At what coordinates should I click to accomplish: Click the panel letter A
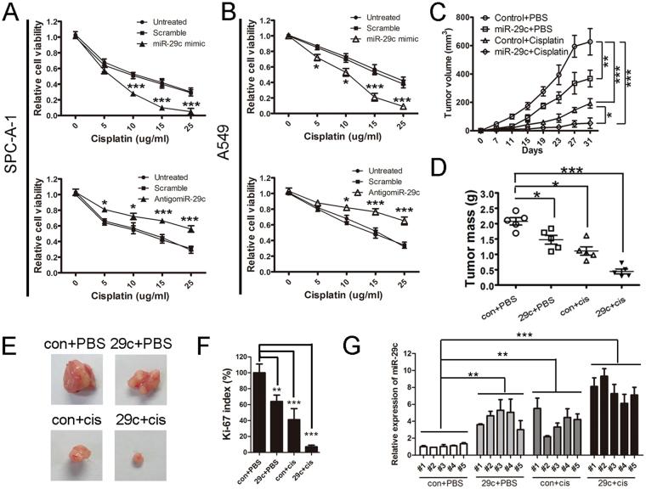click(11, 13)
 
